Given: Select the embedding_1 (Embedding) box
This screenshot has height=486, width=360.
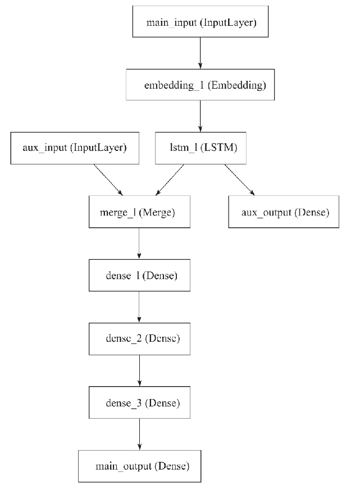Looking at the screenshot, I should (x=200, y=86).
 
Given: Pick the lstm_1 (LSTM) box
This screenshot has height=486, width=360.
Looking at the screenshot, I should (x=201, y=148).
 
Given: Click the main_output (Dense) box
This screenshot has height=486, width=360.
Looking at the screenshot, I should (x=139, y=466).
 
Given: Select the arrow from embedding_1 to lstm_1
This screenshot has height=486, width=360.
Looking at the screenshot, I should (x=200, y=117).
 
